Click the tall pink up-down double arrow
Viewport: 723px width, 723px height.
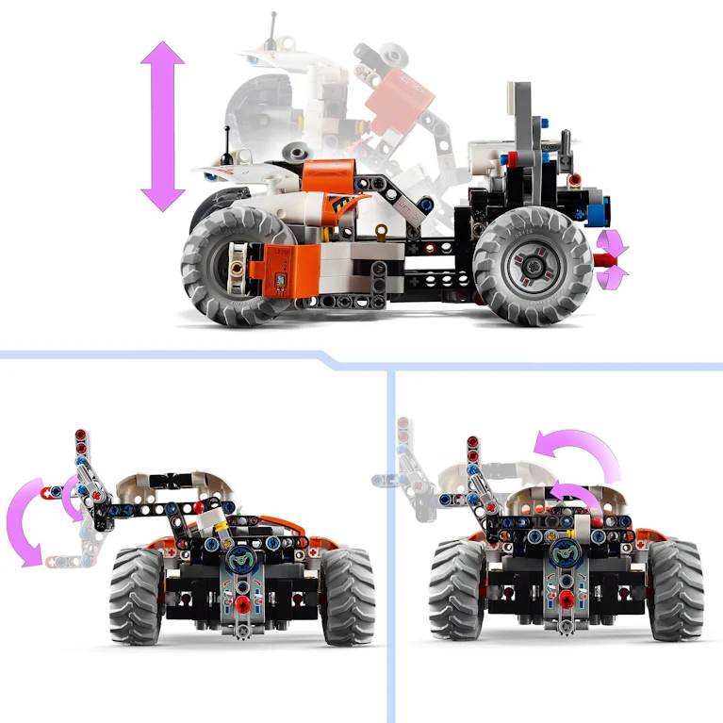coord(163,125)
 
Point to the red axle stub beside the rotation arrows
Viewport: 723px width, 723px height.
coord(601,255)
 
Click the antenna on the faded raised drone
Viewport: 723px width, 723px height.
coord(274,30)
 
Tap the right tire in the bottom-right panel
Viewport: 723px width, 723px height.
coord(675,588)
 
